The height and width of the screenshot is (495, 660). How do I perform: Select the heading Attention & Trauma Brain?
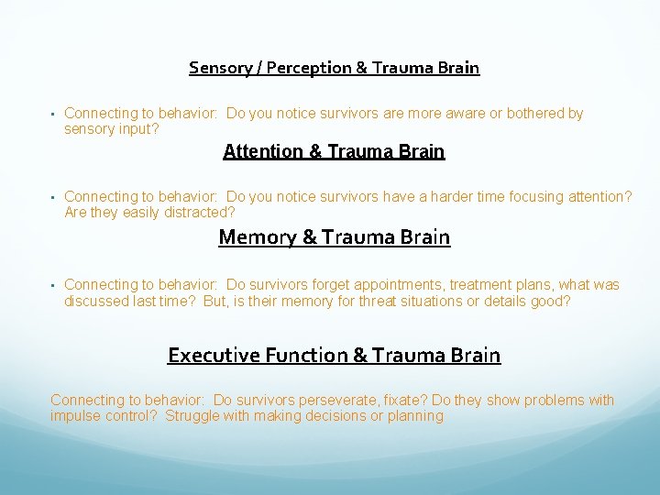pyautogui.click(x=334, y=151)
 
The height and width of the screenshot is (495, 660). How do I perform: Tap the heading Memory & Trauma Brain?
pyautogui.click(x=334, y=237)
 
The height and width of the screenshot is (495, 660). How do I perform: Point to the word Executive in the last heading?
pyautogui.click(x=210, y=355)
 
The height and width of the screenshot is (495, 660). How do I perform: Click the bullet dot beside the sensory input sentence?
pyautogui.click(x=53, y=115)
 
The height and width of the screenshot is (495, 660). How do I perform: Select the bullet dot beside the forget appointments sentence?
pyautogui.click(x=53, y=286)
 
